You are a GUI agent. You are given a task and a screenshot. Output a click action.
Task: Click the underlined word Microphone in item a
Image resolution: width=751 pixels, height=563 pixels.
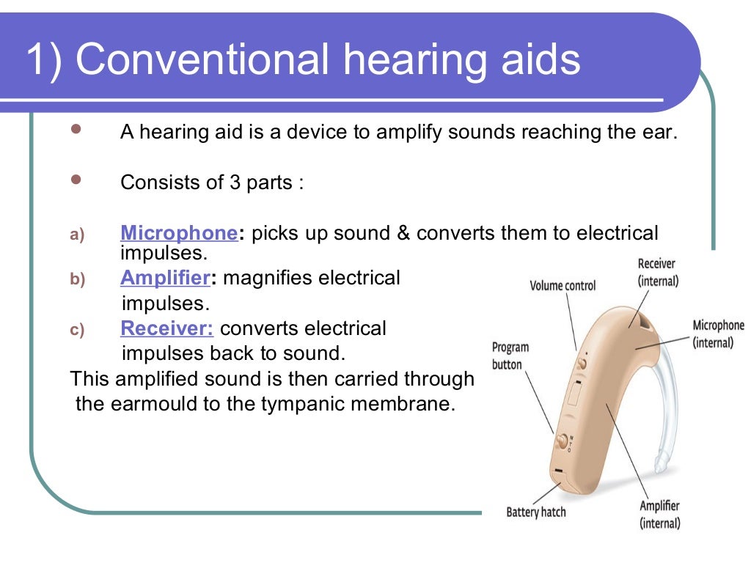178,233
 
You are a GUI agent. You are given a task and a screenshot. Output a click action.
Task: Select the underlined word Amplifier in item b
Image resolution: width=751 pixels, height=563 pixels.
165,279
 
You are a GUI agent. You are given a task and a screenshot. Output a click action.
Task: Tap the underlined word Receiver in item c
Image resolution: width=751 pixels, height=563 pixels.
167,328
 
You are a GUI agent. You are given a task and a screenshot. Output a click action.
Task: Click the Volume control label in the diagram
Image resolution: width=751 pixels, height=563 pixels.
563,285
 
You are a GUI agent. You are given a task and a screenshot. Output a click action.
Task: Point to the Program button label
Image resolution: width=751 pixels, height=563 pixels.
510,356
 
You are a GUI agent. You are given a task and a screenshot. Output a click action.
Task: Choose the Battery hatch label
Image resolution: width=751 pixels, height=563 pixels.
536,512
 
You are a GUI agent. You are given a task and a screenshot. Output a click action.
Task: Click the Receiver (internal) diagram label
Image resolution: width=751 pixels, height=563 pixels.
657,272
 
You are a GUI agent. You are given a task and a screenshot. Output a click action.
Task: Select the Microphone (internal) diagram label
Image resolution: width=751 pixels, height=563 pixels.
718,334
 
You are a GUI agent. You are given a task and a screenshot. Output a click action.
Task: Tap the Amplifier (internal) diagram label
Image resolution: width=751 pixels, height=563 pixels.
659,514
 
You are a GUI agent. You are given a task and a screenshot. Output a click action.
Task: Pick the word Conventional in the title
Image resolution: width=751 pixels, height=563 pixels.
202,60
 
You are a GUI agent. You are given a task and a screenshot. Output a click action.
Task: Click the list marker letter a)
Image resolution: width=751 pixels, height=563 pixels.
78,235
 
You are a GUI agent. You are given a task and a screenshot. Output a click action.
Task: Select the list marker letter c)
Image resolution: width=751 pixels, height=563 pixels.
78,330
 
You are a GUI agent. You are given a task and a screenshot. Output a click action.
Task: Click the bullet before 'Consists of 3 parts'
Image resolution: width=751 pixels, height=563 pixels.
76,179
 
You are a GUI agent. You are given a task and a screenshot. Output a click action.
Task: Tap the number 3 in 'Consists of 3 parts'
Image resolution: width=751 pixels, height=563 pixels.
235,182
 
